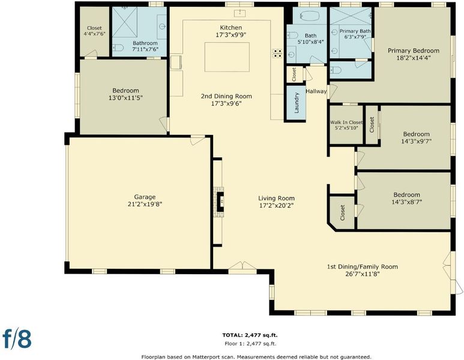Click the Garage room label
coord(145,197)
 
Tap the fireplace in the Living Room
coord(220,202)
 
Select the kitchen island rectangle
coord(227,57)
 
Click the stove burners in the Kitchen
coord(277,53)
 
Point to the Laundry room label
coord(297,103)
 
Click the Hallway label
coord(316,91)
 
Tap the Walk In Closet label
coord(346,122)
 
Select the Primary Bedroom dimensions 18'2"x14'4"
coord(414,58)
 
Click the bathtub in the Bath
coord(310,16)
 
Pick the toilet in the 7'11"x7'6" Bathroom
coord(118,47)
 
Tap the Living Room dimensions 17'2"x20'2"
coord(276,206)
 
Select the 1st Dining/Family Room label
coord(362,267)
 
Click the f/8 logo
coord(17,338)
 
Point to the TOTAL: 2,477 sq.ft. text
coord(250,335)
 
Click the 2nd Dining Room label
coord(226,96)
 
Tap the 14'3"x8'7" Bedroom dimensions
coord(406,202)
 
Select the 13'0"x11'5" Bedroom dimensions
coord(126,98)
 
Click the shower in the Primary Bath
coord(351,16)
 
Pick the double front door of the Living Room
coord(243,265)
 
